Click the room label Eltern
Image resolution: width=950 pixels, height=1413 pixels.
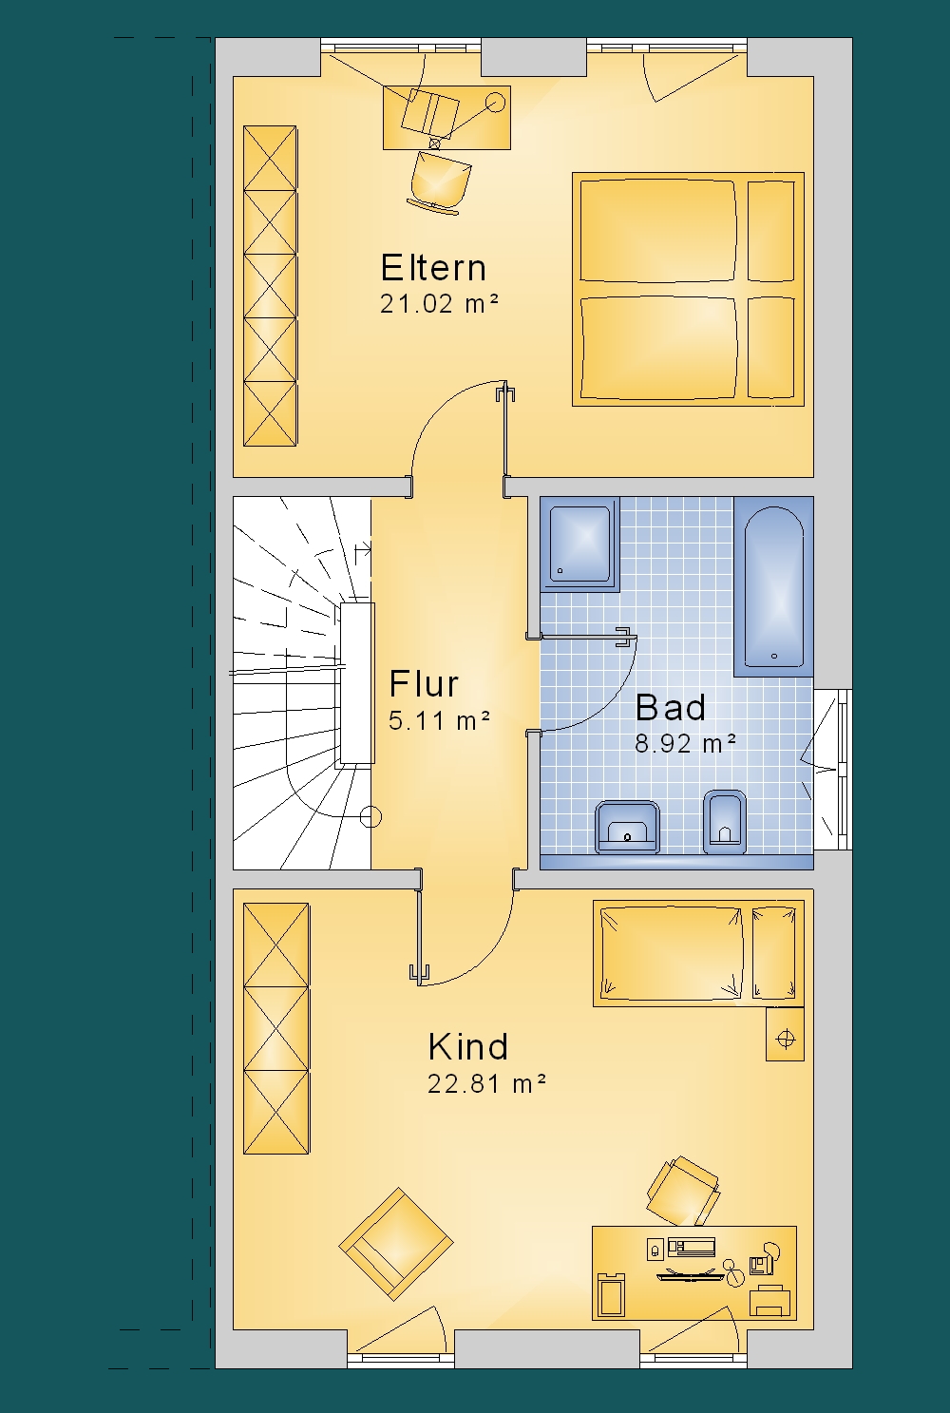point(433,267)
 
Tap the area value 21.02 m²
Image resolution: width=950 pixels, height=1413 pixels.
point(439,304)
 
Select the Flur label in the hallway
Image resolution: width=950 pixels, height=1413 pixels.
point(424,684)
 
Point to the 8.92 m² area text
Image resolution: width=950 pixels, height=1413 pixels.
point(685,744)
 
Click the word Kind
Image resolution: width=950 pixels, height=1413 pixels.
point(468,1047)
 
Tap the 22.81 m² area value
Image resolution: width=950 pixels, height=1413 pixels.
point(486,1083)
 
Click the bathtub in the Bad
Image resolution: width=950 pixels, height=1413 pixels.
point(774,586)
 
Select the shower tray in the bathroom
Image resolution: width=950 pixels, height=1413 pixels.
point(580,544)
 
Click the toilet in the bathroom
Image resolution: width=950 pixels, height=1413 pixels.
point(725,821)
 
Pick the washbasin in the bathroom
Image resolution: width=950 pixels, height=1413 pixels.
point(627,827)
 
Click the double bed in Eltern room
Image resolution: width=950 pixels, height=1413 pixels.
point(688,289)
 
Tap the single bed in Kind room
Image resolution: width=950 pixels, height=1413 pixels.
point(698,953)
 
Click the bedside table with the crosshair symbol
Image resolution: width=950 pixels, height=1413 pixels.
point(786,1034)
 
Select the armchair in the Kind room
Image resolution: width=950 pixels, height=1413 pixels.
point(395,1244)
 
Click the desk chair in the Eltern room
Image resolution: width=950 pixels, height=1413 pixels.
point(440,181)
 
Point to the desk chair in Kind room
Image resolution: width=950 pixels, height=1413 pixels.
point(682,1191)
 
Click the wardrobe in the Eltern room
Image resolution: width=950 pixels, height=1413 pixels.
point(270,286)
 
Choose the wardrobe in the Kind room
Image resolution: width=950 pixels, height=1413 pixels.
point(276,1029)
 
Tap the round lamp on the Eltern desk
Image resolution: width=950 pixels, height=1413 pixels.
point(496,101)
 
